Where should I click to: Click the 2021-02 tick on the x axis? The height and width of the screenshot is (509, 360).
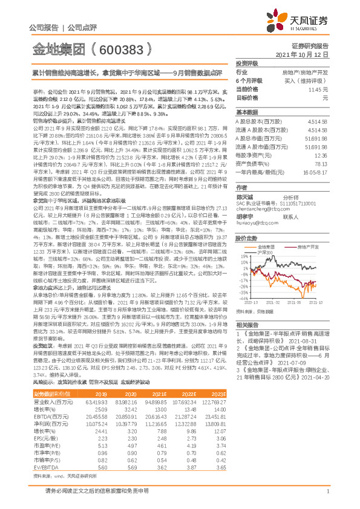coord(272,302)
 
